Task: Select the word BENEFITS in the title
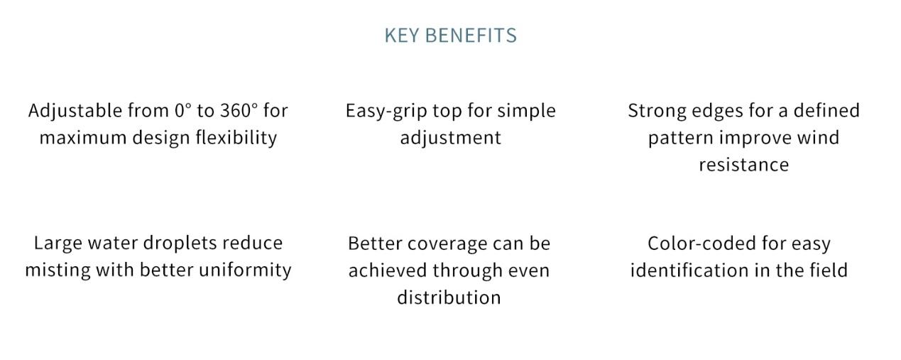click(x=471, y=36)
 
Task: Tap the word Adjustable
click(x=75, y=111)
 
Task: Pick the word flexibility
click(x=236, y=138)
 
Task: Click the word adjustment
click(x=450, y=138)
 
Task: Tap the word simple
click(x=527, y=111)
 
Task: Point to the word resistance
click(x=743, y=165)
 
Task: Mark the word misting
click(x=58, y=271)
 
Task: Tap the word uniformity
click(x=245, y=271)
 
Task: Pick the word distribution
click(x=449, y=298)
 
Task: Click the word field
click(x=829, y=271)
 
